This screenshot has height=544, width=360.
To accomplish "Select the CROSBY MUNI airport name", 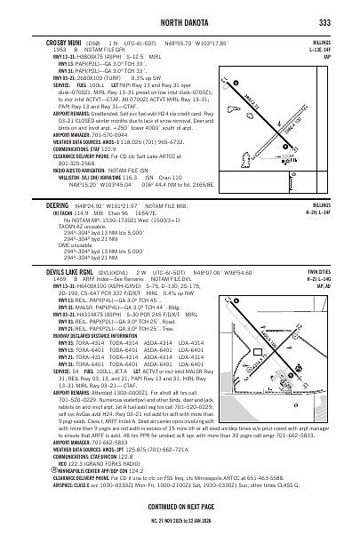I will coord(65,42).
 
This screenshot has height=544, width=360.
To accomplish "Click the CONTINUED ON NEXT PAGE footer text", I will coord(181,511).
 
